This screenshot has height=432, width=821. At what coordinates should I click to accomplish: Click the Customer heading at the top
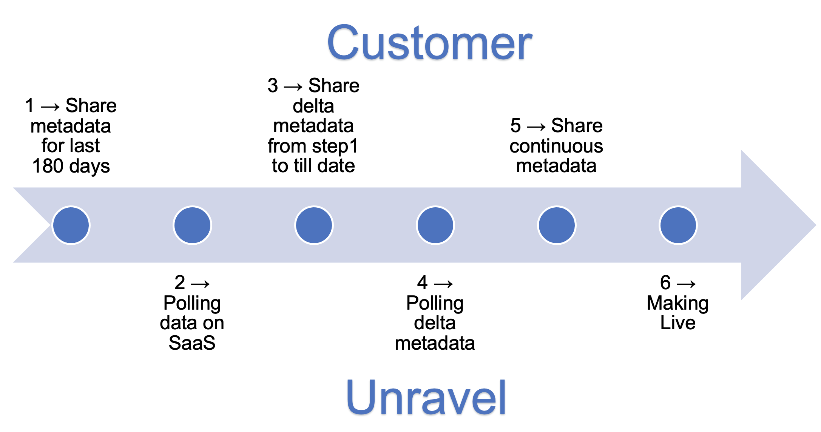coord(429,43)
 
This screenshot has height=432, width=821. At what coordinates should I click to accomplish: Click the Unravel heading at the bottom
coord(426,397)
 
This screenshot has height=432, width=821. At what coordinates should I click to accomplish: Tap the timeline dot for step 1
coord(71,225)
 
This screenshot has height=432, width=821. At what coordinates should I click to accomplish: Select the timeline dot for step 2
coord(192,225)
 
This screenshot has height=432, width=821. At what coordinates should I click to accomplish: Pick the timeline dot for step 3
coord(314,225)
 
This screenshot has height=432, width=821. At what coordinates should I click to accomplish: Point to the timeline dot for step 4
coord(435,225)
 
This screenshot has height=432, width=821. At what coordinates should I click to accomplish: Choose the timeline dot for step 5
coord(557,225)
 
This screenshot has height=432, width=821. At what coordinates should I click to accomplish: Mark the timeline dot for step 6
coord(678,225)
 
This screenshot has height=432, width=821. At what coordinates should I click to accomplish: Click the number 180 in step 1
coord(48,166)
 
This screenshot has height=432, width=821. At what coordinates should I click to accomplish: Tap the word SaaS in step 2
coord(192,343)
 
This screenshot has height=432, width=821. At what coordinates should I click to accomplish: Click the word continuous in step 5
coord(556,146)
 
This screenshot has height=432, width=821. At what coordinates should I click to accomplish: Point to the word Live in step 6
coord(678,323)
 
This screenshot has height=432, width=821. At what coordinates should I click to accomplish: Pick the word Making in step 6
coord(677,303)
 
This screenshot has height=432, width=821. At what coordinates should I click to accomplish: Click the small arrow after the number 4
coord(443,284)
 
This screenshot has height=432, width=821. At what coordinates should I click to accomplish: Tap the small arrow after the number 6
coord(686,284)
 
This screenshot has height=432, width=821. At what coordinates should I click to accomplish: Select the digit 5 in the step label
coord(515,126)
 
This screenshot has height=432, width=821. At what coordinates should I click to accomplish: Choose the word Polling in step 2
coord(192,303)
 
